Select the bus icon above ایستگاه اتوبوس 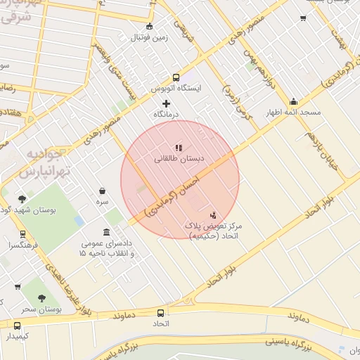(176, 77)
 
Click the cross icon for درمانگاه (166, 103)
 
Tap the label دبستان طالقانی (179, 160)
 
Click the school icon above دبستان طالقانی (179, 148)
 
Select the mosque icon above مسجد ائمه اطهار (293, 101)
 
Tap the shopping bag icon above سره (103, 191)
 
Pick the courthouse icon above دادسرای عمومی (106, 232)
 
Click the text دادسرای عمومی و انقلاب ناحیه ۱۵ (107, 247)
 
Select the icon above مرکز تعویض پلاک (213, 214)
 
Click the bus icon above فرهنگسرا (22, 234)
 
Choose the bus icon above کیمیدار (18, 325)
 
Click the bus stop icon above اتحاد (162, 313)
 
